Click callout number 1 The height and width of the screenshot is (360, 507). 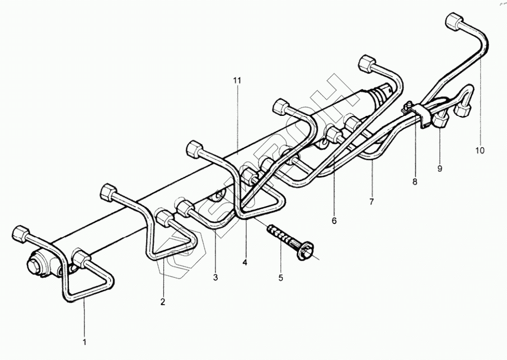[85, 341]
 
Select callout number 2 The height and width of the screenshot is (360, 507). [163, 302]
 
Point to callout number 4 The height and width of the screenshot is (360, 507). [244, 261]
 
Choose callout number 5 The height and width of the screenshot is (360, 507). [281, 277]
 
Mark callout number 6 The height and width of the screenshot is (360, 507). [334, 221]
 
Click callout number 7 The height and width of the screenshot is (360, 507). [372, 200]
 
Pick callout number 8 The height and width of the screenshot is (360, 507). [415, 181]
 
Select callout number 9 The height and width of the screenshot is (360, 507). [440, 168]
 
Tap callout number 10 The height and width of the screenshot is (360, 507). [480, 151]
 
